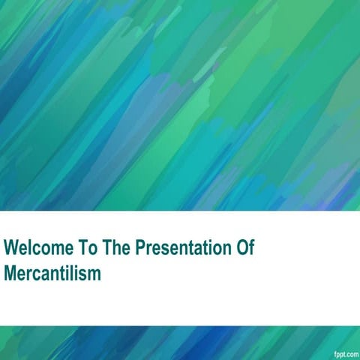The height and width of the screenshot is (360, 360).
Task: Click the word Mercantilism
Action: tap(52, 273)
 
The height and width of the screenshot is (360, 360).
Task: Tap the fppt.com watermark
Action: tap(345, 352)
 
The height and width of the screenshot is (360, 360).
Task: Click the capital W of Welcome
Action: tap(10, 248)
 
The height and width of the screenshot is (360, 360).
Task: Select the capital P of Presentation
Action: tap(139, 248)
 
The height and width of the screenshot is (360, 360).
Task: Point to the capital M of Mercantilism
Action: tap(10, 273)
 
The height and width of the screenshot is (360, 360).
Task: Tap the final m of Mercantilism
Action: tap(94, 274)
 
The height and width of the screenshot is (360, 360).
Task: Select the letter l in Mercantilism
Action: tap(73, 273)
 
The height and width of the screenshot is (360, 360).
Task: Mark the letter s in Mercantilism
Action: tap(83, 274)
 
